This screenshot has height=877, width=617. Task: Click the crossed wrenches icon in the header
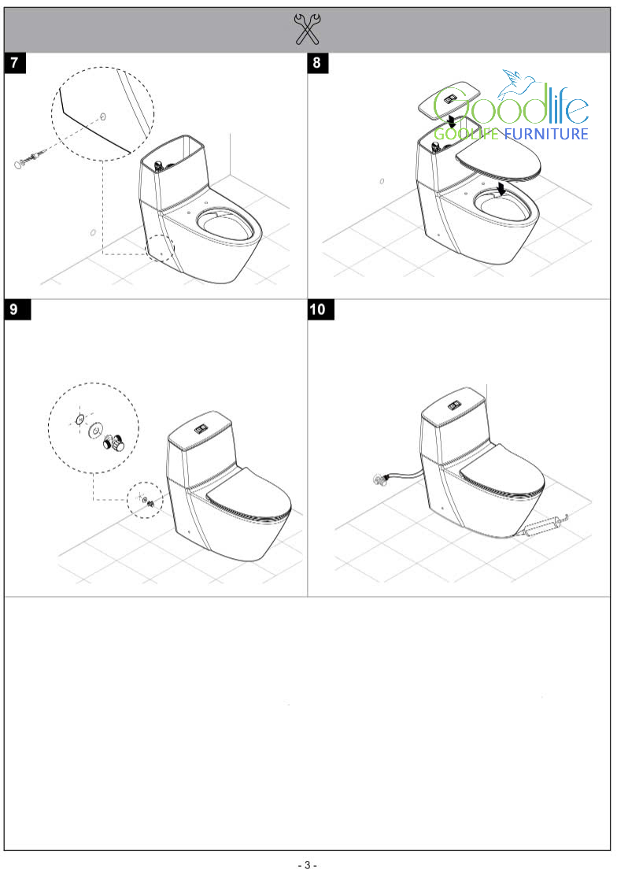[308, 29]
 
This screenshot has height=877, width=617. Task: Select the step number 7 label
[14, 63]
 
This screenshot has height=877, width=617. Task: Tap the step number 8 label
[317, 63]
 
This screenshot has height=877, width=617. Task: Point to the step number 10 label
[321, 309]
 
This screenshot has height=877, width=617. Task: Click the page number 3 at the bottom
[308, 865]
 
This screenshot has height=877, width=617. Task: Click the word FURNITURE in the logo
[547, 134]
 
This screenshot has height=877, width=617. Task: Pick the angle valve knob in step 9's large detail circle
[116, 442]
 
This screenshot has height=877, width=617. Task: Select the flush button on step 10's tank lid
[454, 406]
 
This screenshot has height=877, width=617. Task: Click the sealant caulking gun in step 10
[542, 526]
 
